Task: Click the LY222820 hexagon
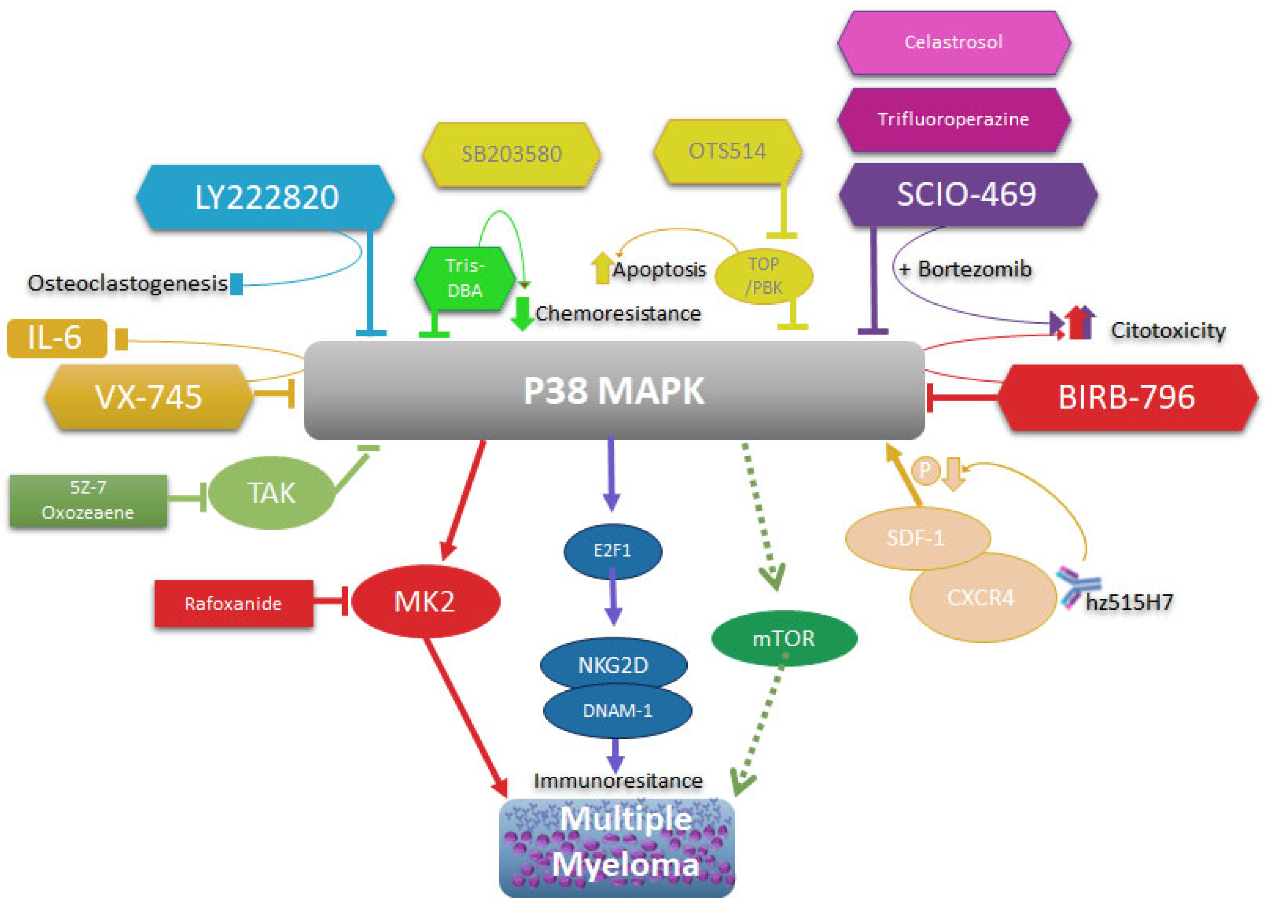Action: pos(266,197)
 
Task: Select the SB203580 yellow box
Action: pos(511,154)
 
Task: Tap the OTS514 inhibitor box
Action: pos(727,151)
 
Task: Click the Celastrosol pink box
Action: pos(953,42)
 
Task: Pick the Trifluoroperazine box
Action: pos(953,119)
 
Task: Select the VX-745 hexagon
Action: pos(148,397)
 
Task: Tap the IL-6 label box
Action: pos(56,338)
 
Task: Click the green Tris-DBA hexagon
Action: pos(465,278)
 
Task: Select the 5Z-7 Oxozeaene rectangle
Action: pos(88,500)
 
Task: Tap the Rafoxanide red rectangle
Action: pos(233,604)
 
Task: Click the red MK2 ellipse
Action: pos(425,602)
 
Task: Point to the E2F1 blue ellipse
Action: pos(612,551)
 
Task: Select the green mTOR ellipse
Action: pos(783,638)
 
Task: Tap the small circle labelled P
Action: pos(925,471)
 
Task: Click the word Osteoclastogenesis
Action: pos(127,283)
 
